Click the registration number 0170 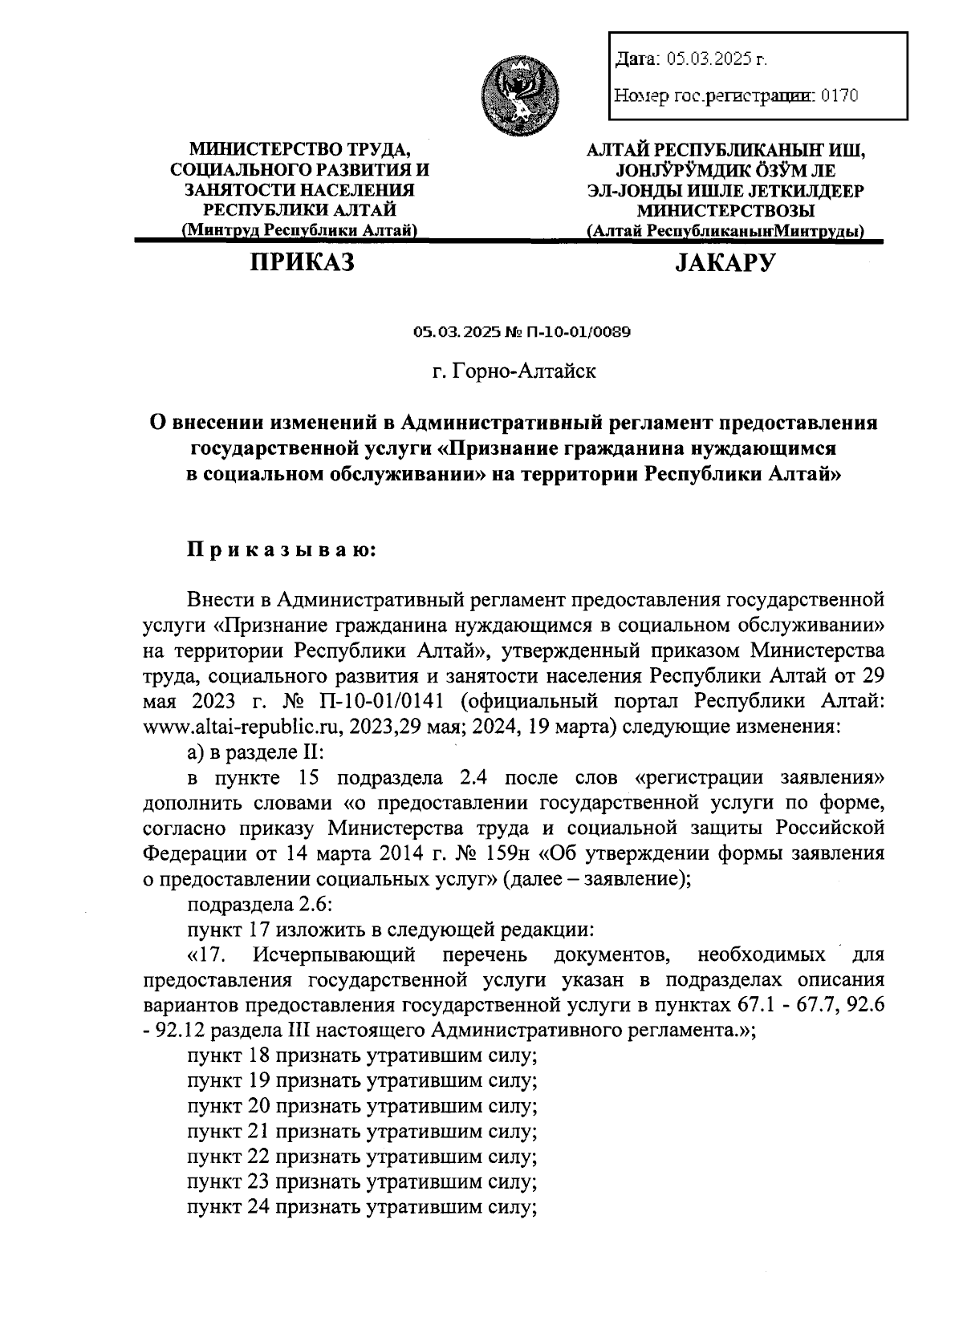(x=839, y=97)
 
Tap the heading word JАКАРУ (x=725, y=262)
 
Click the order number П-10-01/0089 (x=579, y=332)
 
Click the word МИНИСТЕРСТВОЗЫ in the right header (x=725, y=211)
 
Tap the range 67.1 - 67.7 (x=784, y=1004)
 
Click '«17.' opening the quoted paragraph (x=209, y=955)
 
